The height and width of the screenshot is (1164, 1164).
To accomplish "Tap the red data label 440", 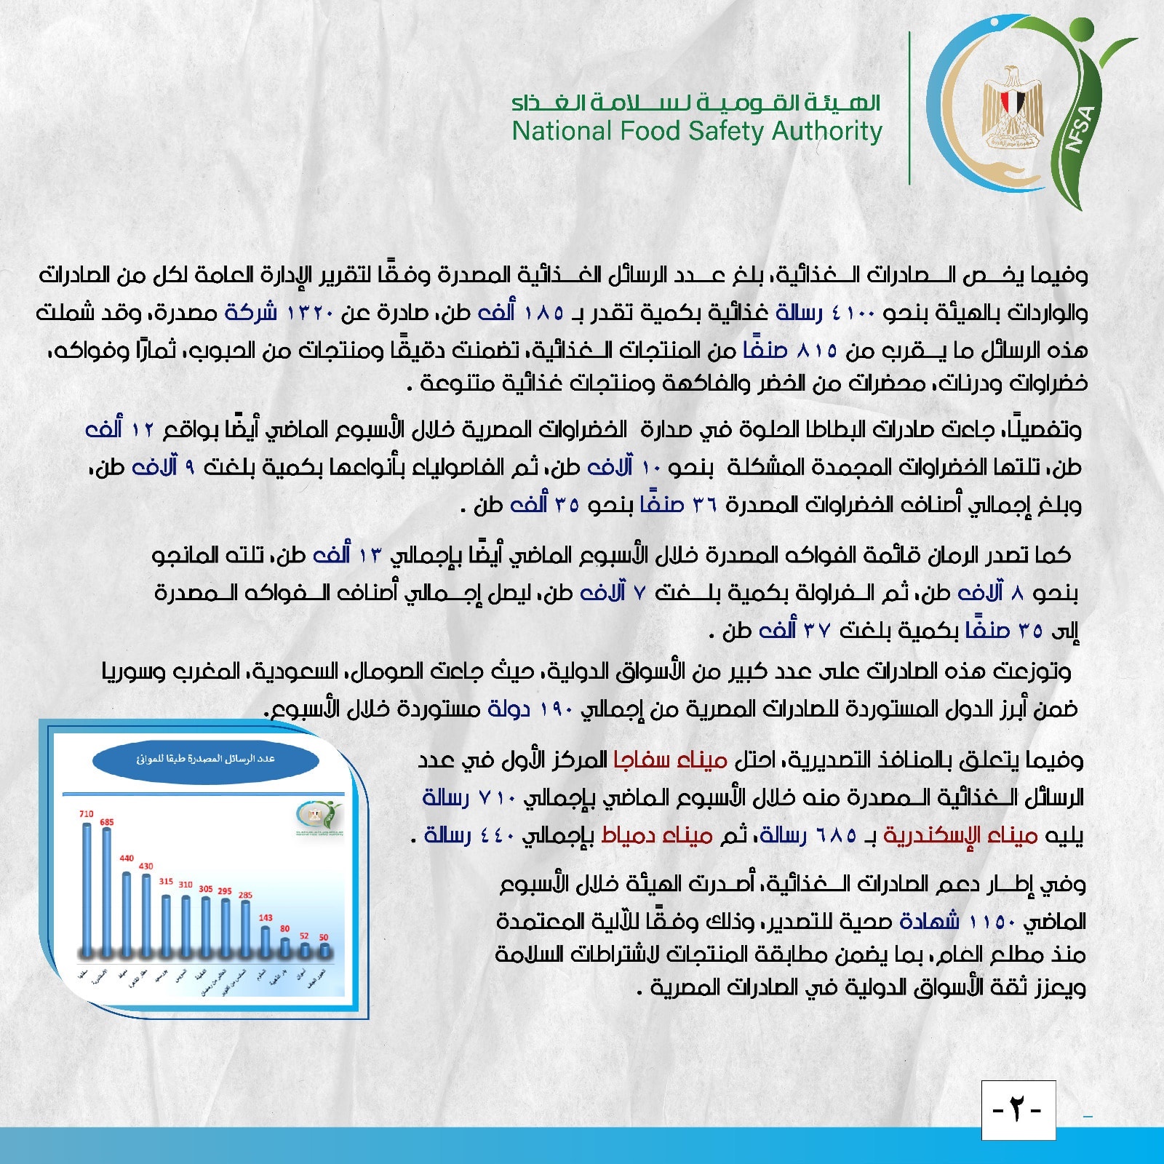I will (127, 858).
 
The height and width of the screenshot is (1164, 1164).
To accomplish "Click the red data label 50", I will (324, 937).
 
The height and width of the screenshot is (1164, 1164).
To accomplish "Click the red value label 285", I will (246, 895).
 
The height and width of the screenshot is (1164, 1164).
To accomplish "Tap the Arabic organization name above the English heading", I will (697, 103).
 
